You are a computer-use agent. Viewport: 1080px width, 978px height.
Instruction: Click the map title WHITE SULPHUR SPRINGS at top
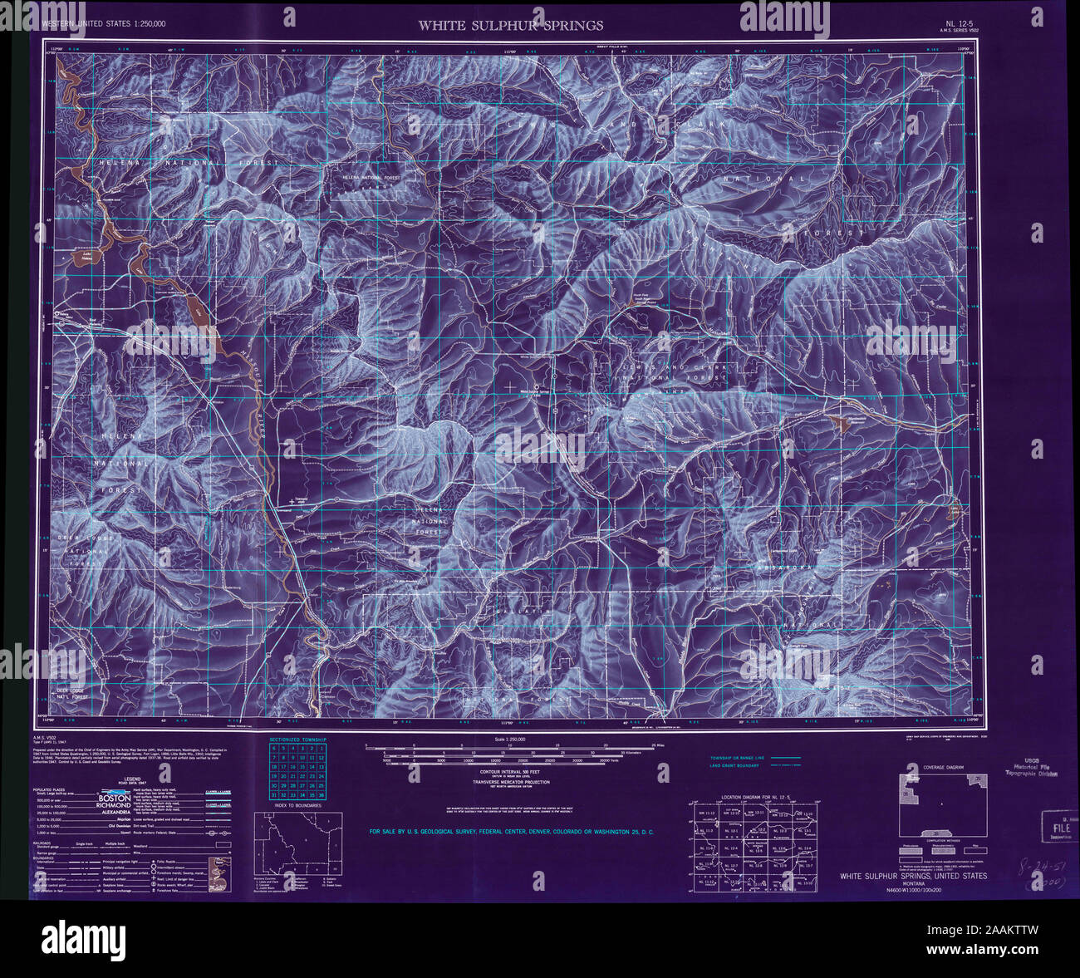point(510,26)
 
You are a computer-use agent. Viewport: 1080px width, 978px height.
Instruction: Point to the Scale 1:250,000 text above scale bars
point(510,739)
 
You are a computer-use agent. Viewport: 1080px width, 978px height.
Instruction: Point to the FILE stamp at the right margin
point(1061,828)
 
